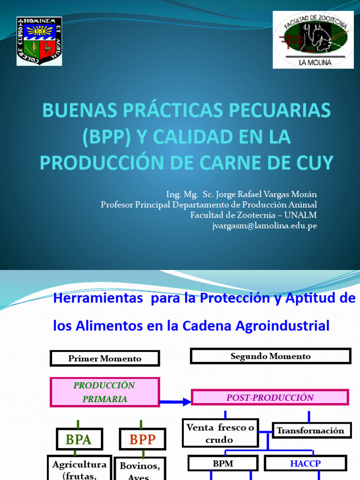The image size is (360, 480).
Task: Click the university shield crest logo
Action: tap(39, 41)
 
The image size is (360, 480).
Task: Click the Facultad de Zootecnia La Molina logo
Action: tap(313, 39)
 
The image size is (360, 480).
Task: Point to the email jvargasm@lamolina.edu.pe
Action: tap(265, 225)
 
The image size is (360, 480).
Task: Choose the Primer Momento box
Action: tap(105, 359)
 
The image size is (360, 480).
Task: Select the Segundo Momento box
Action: tap(270, 356)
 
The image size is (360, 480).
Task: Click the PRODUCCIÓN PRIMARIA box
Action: tap(105, 392)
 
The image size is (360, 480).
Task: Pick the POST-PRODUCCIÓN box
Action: tap(270, 397)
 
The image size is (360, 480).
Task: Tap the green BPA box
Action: tap(78, 439)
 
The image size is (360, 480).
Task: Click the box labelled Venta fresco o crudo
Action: tap(220, 433)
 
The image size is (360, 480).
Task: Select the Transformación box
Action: tap(310, 430)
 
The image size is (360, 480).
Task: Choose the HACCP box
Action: tap(305, 463)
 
